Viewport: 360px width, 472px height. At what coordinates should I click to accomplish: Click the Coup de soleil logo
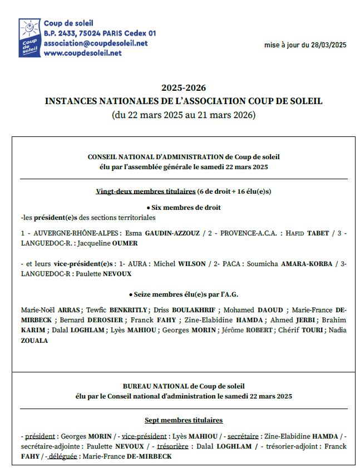(29, 38)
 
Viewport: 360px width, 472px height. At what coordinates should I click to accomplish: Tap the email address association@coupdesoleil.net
(95, 43)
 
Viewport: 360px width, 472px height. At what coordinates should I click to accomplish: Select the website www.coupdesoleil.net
(82, 53)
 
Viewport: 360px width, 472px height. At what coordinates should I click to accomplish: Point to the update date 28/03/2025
(329, 45)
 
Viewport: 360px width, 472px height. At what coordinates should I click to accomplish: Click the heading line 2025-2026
(184, 88)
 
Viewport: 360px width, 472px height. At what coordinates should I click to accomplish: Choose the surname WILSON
(193, 263)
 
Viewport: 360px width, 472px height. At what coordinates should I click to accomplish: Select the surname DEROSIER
(105, 320)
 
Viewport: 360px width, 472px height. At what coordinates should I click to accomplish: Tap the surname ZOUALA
(34, 341)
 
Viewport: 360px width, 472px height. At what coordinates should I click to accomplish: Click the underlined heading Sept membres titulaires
(184, 420)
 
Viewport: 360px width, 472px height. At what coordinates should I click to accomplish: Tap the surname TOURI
(315, 330)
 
